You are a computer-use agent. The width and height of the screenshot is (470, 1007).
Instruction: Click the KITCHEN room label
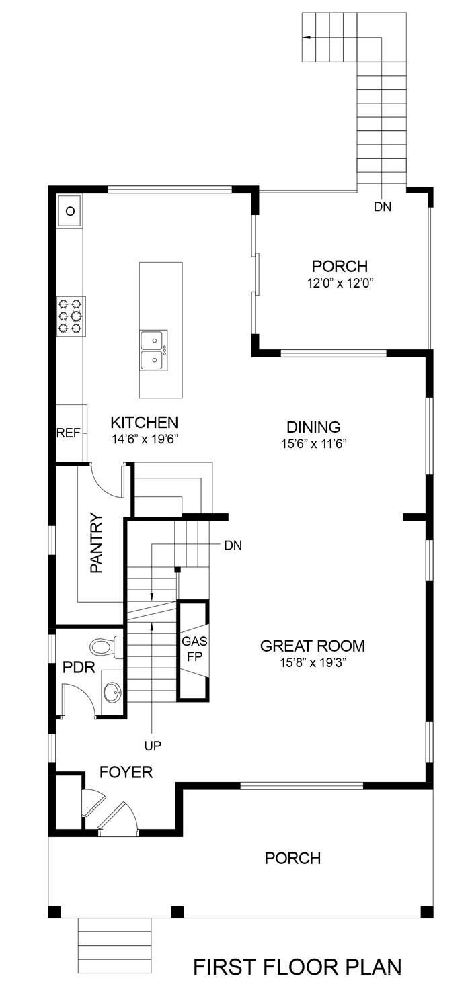144,423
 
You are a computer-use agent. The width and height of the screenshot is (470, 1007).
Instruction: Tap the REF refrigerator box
68,433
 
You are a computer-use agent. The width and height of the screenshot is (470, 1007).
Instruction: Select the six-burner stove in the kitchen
71,315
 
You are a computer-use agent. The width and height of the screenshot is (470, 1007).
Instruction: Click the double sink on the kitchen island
154,350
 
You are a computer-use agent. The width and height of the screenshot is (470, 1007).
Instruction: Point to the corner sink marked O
69,212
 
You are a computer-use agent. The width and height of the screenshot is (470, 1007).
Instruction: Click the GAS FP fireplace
193,650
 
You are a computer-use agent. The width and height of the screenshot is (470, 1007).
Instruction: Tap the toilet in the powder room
105,647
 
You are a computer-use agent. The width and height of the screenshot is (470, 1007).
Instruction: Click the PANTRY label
96,543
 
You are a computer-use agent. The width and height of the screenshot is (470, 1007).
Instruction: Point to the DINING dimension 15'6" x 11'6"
313,443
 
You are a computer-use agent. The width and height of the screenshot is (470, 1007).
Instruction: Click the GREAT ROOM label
313,646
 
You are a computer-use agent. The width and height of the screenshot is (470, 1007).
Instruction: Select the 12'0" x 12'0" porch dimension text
340,283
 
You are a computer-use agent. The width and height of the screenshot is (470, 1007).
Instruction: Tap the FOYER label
126,772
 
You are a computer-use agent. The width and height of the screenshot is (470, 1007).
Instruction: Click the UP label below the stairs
153,745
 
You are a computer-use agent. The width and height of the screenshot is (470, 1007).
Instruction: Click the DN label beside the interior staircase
233,545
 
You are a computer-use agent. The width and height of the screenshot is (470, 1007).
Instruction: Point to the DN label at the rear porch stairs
383,207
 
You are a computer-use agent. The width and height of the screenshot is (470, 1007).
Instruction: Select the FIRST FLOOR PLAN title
297,967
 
